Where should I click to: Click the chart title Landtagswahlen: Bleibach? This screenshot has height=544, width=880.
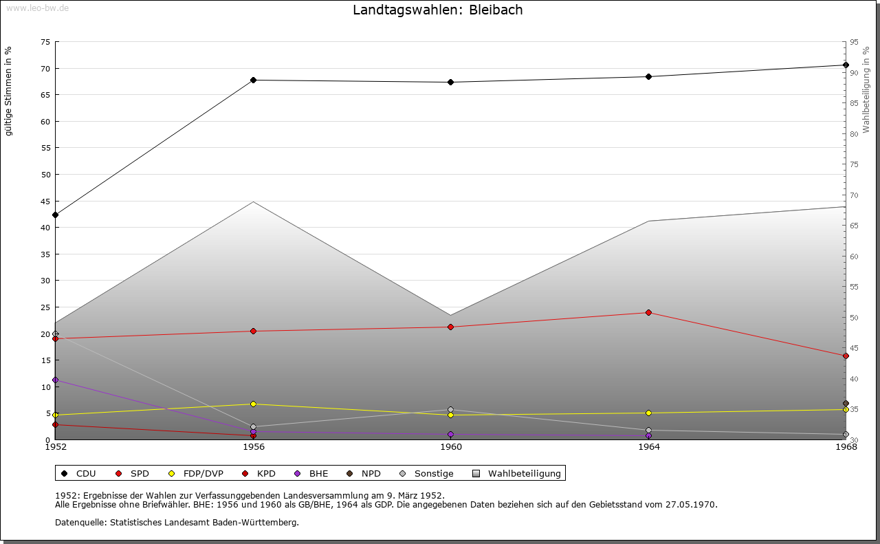click(437, 10)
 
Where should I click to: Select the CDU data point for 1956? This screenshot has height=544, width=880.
click(254, 80)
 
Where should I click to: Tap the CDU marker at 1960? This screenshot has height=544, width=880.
click(450, 82)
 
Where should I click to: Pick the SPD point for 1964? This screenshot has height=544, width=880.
click(648, 312)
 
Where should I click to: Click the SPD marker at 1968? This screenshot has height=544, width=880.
click(846, 356)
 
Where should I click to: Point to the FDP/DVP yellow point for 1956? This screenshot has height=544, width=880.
click(254, 404)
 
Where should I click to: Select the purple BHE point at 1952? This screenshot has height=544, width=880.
click(56, 380)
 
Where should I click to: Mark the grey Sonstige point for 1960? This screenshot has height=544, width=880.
click(450, 410)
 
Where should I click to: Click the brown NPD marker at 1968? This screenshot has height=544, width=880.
click(846, 404)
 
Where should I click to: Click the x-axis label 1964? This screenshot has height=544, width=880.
click(648, 447)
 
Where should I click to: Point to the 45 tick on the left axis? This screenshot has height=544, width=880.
click(45, 201)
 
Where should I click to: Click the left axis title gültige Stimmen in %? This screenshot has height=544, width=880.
click(9, 91)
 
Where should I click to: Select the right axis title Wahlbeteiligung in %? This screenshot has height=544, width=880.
click(866, 90)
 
